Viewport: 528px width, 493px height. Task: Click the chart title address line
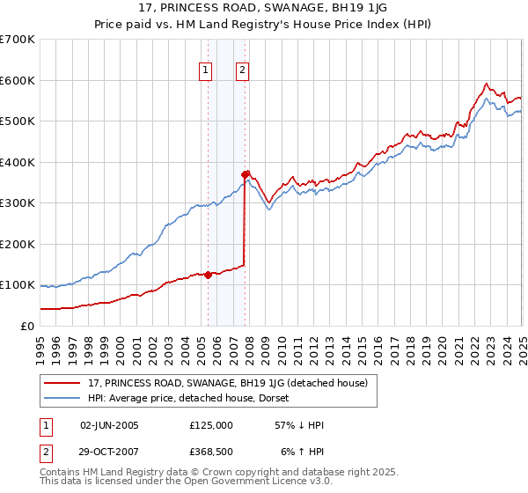tap(263, 9)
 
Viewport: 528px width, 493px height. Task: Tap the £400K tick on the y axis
tap(18, 162)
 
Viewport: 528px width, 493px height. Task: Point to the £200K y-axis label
tap(18, 244)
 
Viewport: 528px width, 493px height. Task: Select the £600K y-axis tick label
tap(18, 80)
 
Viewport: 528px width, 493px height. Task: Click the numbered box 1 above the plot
tap(205, 71)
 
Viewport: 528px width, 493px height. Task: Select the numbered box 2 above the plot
tap(241, 71)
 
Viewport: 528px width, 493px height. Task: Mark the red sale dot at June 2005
tap(208, 275)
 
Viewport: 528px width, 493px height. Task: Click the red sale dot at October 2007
tap(246, 174)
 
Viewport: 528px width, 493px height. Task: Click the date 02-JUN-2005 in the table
tap(109, 425)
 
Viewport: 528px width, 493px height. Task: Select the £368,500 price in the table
tap(211, 451)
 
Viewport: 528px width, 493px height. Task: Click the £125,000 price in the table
tap(211, 425)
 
